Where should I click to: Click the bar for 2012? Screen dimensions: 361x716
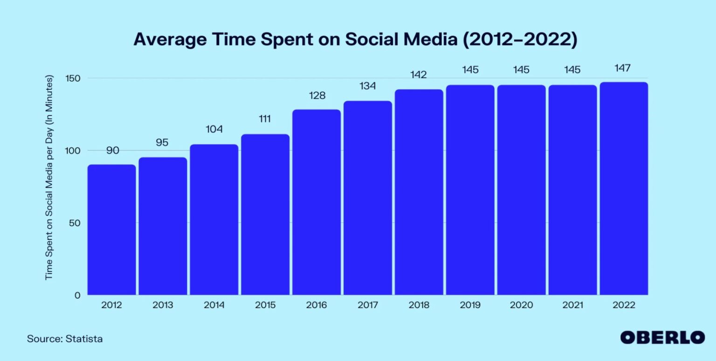(111, 230)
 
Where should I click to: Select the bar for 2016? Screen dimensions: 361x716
(317, 202)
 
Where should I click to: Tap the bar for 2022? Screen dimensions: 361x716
(624, 189)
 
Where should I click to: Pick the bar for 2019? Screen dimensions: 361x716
(470, 190)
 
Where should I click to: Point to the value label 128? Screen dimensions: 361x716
(317, 96)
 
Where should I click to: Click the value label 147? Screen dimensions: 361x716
(623, 68)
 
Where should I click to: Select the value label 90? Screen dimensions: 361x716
(112, 150)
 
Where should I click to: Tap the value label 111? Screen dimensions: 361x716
(265, 119)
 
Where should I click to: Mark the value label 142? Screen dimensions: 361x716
(419, 75)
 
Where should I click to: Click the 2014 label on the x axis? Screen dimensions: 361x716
(214, 306)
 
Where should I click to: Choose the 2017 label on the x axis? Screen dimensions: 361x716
(367, 306)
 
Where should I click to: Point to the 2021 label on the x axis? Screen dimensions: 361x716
(572, 306)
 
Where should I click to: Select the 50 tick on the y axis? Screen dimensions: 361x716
(76, 223)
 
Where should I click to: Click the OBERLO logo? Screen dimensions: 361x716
(662, 337)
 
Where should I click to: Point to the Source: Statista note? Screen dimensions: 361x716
(65, 339)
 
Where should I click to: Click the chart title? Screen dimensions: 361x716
(355, 40)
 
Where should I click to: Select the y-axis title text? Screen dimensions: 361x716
(49, 178)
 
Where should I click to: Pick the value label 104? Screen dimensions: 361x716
(214, 129)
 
